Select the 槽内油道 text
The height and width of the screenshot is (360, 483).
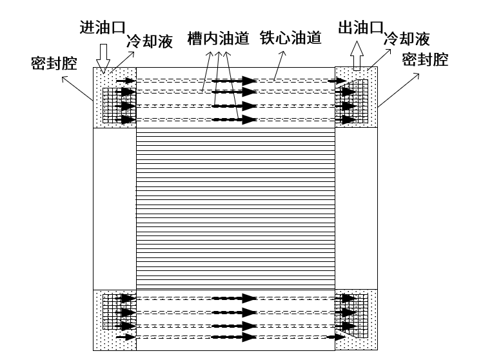point(218,38)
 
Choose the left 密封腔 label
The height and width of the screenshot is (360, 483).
point(54,63)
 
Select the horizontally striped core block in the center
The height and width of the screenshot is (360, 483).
point(235,210)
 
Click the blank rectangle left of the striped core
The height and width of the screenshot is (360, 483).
point(115,210)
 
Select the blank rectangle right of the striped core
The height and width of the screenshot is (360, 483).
point(355,210)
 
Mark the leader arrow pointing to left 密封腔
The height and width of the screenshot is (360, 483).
point(77,89)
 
